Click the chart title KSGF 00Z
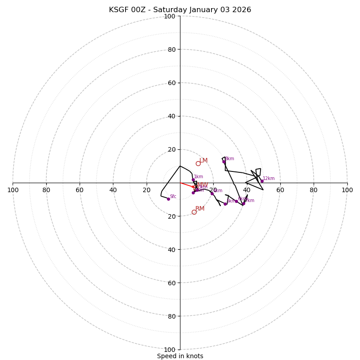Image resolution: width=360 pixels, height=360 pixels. point(180,10)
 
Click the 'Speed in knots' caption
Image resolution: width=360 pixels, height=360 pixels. point(180,356)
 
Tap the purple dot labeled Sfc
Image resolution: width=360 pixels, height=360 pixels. point(168,199)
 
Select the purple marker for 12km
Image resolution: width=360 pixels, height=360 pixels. point(262,181)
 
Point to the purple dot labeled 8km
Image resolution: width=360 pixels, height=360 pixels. point(224,162)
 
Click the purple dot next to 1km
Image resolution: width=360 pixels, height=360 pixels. point(193,180)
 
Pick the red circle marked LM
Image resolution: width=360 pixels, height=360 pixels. point(198,163)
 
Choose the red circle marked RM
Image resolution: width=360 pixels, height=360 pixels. point(194,212)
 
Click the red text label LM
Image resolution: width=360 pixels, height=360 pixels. point(203,161)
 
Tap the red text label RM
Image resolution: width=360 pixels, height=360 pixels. point(200,209)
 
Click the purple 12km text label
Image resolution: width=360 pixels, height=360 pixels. point(269,179)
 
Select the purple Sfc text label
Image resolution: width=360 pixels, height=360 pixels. point(173,197)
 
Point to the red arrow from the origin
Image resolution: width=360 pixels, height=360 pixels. point(187,185)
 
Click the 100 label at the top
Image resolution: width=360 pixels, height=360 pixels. point(170,16)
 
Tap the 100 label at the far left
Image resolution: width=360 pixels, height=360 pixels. point(13,190)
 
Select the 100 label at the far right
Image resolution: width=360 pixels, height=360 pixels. point(347,190)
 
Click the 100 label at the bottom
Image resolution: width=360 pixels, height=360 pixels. point(170,350)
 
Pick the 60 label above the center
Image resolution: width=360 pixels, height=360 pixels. point(171,83)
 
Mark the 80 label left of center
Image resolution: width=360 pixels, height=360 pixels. point(46,190)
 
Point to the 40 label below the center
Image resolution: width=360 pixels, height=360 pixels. point(171,249)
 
